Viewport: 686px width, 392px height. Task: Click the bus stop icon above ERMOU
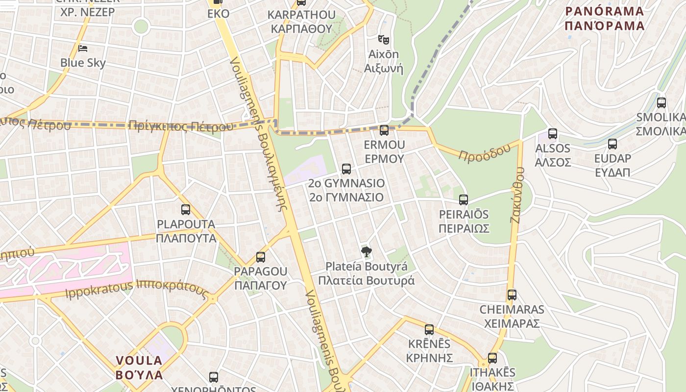click(384, 130)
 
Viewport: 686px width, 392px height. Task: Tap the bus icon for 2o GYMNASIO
click(346, 169)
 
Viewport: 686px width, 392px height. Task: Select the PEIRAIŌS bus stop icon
click(464, 200)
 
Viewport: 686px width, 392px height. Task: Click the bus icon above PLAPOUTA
click(186, 210)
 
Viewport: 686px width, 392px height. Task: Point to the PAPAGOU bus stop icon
click(261, 257)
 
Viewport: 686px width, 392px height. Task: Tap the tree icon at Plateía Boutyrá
click(366, 252)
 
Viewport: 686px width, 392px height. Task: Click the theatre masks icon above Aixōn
click(383, 39)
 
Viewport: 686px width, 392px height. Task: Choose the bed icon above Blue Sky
click(83, 48)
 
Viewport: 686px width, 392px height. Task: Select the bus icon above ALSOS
click(553, 134)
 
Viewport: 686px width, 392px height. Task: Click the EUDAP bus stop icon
click(612, 144)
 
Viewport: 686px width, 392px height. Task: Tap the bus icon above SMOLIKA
click(661, 103)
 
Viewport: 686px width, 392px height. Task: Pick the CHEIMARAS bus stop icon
click(512, 295)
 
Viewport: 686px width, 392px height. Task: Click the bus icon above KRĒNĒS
click(429, 330)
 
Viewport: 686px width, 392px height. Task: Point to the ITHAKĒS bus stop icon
click(492, 358)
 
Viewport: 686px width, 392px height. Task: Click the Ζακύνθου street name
click(517, 195)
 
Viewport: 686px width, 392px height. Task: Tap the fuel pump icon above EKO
click(218, 2)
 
